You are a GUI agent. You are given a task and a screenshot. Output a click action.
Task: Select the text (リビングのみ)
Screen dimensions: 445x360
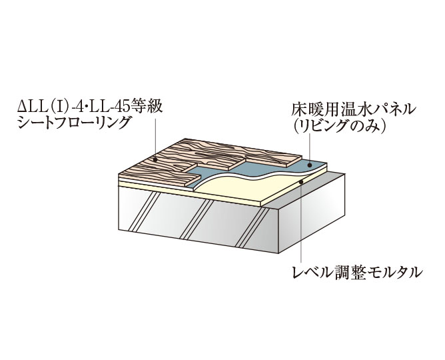tap(339, 126)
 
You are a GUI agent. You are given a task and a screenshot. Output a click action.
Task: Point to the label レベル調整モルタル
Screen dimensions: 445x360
tap(358, 272)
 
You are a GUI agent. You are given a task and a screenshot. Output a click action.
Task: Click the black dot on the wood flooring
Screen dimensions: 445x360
tap(155, 159)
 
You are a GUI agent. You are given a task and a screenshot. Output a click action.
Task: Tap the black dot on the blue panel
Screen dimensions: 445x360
tap(310, 165)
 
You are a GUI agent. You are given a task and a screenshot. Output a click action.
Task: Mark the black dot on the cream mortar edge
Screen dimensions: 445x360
tap(301, 181)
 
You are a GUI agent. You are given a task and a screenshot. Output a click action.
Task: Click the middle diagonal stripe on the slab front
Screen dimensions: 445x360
tap(197, 219)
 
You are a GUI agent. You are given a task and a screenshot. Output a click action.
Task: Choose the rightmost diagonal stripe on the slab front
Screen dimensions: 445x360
tap(252, 228)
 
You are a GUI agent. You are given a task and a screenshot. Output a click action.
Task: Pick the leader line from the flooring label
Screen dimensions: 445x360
tap(155, 138)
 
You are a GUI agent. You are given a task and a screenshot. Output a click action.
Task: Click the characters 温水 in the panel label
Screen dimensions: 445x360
tap(355, 110)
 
